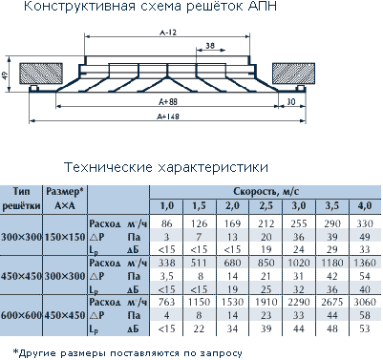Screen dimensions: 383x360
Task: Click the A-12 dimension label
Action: tap(167, 32)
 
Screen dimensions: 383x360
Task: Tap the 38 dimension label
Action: tap(210, 46)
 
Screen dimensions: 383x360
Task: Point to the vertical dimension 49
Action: tap(5, 75)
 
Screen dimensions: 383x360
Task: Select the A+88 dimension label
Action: tap(168, 102)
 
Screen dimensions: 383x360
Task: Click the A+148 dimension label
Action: tap(168, 116)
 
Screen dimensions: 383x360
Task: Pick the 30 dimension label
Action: tap(290, 102)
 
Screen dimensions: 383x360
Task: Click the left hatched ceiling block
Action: tap(36, 74)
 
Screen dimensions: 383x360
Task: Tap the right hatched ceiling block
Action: tap(293, 74)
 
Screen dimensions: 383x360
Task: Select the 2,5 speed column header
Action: tap(266, 206)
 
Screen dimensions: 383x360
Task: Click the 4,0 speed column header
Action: tap(365, 206)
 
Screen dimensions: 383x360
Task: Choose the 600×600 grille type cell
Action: tap(21, 315)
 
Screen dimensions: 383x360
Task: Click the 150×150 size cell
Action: tap(65, 237)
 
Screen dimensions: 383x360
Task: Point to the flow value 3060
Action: tap(365, 302)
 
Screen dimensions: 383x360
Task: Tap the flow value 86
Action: tap(166, 223)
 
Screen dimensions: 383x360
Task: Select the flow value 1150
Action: tap(199, 302)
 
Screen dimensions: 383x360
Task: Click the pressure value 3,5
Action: tap(166, 276)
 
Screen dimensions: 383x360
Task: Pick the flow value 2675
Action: tap(331, 302)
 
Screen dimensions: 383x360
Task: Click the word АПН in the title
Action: tap(263, 6)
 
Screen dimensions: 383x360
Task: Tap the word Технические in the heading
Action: tap(108, 167)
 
